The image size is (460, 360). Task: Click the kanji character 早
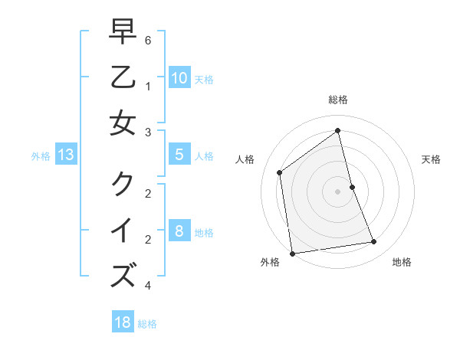[x=123, y=32]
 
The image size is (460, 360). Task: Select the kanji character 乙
[x=123, y=77]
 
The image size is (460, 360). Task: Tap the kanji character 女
[x=123, y=122]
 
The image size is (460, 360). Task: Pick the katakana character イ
[x=123, y=229]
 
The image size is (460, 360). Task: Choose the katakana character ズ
[x=123, y=274]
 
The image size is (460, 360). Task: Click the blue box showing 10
[x=179, y=77]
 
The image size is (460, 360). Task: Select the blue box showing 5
[x=179, y=155]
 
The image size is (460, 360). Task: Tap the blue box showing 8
[x=179, y=231]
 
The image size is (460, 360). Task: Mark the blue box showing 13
[x=65, y=155]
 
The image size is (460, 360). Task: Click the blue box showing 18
[x=122, y=322]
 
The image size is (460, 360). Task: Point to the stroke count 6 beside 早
[x=148, y=39]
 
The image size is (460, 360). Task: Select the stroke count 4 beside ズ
[x=148, y=286]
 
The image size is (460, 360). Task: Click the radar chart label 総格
[x=338, y=100]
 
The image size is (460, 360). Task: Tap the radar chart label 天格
[x=431, y=159]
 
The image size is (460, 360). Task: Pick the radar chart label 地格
[x=402, y=262]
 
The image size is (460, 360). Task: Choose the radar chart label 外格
[x=270, y=262]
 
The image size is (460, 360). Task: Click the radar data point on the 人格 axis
[x=280, y=172]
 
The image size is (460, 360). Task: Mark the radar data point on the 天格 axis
[x=353, y=187]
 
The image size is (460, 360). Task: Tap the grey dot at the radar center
[x=338, y=191]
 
